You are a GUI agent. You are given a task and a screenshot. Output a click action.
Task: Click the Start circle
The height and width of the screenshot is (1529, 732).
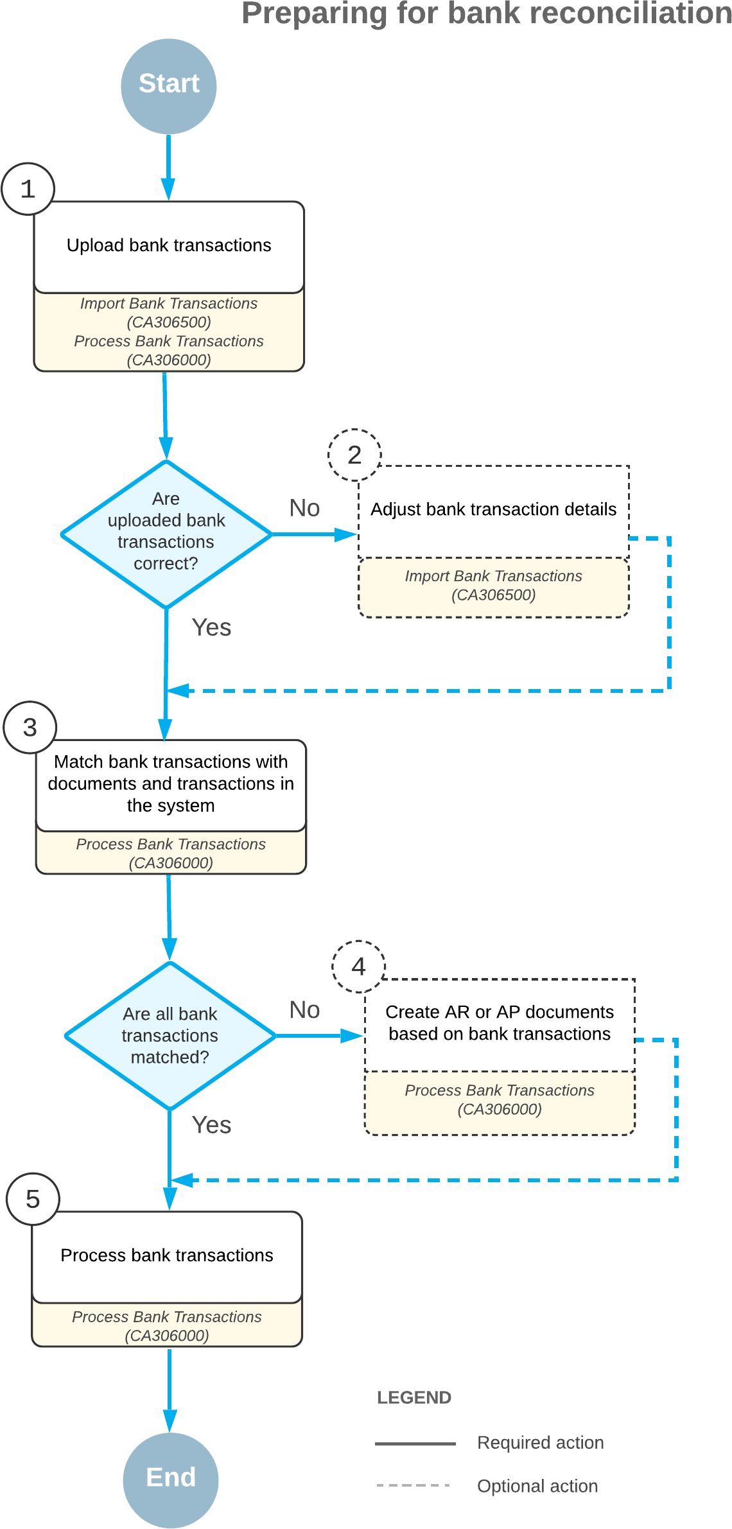point(169,86)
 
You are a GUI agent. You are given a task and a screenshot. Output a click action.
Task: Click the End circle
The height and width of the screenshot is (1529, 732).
point(171,1480)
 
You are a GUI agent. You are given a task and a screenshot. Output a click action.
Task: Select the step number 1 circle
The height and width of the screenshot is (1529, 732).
point(28,189)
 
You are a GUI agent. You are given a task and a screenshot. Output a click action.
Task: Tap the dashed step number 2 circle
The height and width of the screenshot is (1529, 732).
point(354,455)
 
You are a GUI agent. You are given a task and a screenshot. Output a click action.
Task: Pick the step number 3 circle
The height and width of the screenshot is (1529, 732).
point(30,727)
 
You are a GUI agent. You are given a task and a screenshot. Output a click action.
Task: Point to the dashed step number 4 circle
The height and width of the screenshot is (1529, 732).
point(358,966)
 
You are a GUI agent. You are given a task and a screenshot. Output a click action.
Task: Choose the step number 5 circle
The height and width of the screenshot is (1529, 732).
point(33,1199)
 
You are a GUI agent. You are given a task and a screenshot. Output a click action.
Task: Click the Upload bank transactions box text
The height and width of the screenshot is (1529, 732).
point(169,245)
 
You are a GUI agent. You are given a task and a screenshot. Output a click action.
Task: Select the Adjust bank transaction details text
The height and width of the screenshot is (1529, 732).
point(493,509)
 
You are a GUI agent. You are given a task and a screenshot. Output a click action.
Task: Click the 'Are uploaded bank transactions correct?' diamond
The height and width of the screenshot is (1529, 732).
point(166,533)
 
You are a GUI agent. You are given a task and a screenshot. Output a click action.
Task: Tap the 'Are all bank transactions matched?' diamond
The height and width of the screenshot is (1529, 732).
point(170,1035)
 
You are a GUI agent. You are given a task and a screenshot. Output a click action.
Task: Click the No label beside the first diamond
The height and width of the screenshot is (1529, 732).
point(304,508)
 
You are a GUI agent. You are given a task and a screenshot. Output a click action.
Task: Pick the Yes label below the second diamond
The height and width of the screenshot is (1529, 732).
point(211,1125)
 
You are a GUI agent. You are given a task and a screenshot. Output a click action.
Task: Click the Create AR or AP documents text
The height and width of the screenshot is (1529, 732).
point(500,1022)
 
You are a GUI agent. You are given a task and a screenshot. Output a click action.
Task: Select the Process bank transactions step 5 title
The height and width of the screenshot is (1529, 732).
point(167,1255)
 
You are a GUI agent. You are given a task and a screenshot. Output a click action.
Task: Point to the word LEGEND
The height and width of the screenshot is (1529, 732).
point(414,1397)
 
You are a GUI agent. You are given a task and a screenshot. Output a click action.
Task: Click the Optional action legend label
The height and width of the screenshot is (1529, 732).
point(537,1486)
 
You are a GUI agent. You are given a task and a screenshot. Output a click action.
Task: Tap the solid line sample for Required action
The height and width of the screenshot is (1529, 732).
point(415,1444)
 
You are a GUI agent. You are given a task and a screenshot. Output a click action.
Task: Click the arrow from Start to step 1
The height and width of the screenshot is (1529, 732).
point(168,167)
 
